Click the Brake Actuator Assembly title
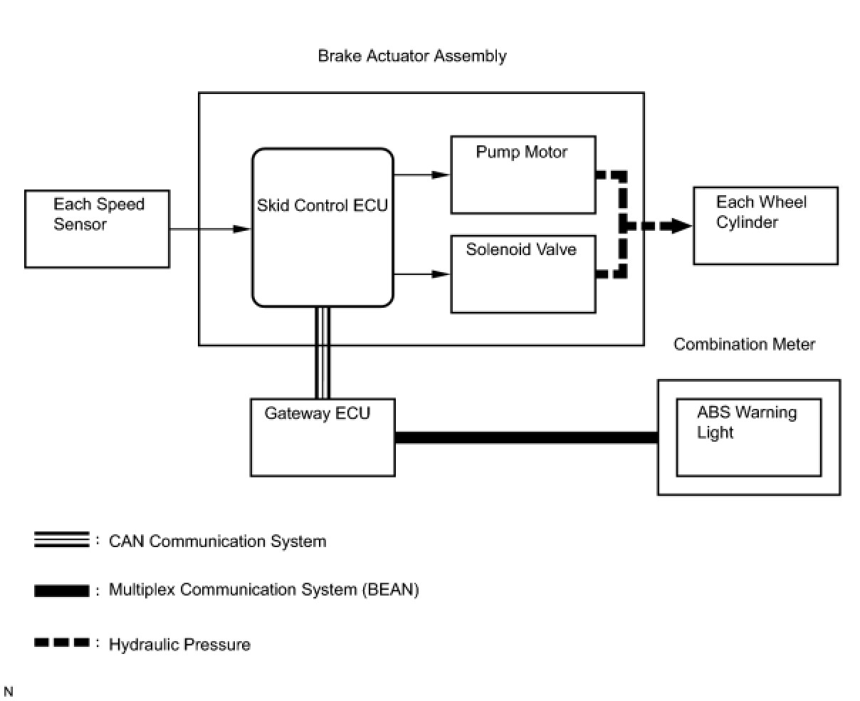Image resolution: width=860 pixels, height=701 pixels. [411, 56]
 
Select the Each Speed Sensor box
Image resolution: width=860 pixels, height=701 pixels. [98, 229]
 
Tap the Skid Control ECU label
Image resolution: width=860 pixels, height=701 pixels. [322, 205]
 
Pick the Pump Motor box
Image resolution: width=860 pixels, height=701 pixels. [523, 175]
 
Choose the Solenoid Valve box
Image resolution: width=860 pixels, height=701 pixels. [523, 274]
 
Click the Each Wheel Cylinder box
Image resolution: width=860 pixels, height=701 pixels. [766, 225]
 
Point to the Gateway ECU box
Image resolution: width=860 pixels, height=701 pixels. [322, 437]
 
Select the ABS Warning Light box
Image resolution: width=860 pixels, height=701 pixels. [749, 437]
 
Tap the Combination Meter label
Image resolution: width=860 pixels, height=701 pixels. [744, 344]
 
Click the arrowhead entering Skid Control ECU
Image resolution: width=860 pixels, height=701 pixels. [242, 229]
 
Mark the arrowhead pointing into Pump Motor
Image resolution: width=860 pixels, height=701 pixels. [441, 175]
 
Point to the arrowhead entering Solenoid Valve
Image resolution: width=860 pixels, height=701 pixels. [441, 274]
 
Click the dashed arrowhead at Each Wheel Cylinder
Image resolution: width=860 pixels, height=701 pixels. [681, 225]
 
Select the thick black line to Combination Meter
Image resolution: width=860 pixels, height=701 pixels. [527, 437]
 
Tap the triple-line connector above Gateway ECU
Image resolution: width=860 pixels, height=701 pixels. [322, 353]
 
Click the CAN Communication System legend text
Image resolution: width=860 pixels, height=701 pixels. [218, 541]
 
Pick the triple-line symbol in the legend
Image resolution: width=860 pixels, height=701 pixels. [62, 540]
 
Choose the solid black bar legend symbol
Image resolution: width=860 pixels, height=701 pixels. [62, 591]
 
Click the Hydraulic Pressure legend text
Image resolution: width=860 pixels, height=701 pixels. [179, 645]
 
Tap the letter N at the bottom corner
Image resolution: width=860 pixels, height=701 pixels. [9, 691]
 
